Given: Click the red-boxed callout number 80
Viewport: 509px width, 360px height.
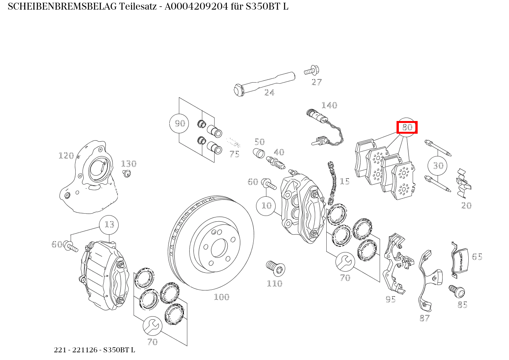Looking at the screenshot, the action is coord(407,127).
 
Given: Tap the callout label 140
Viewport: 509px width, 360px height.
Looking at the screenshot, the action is coord(329,105).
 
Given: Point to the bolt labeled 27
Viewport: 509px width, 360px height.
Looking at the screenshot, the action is coord(312,70).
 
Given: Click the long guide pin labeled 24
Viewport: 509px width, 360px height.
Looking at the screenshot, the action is coord(264,84).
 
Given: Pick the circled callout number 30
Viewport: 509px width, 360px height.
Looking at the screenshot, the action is coord(438,165).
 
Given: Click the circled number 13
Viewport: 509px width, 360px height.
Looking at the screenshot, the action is coord(109,225).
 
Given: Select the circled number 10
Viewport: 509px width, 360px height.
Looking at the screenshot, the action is coord(266,206).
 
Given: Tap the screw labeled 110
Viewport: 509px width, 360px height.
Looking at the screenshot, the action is coord(276,269).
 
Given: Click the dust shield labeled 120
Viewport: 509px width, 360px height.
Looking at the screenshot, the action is coord(89,177).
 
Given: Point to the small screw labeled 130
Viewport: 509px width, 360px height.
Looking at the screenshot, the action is coord(126,174).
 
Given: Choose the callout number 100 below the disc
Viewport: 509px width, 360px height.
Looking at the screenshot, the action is coord(222,297).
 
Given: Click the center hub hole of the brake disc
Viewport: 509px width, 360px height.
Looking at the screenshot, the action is coord(219,248).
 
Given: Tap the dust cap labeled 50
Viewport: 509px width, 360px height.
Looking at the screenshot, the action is coord(259,153).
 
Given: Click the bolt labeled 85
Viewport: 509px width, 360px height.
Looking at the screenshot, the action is coord(457,292).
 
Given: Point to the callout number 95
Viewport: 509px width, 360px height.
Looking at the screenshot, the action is coord(391,299).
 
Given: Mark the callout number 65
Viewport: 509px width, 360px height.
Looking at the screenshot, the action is coord(477,257).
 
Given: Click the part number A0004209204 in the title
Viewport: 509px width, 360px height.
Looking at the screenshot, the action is coord(196,7).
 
